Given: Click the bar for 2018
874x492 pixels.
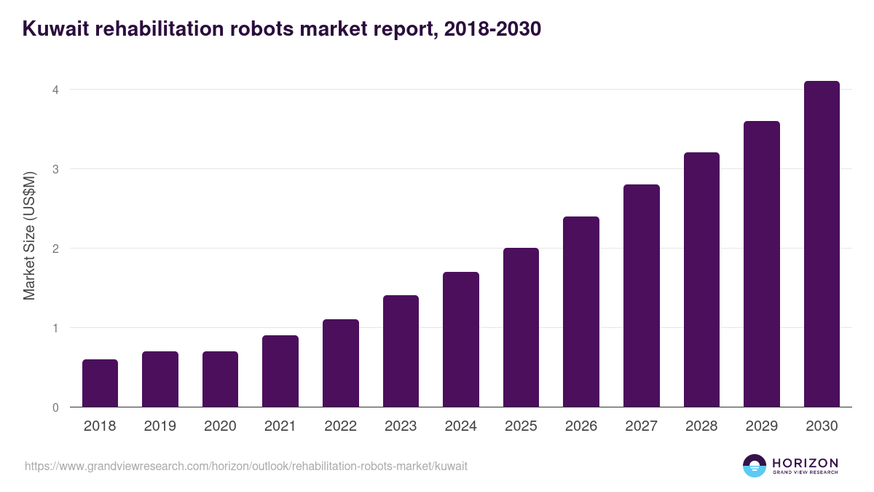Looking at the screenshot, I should tap(100, 383).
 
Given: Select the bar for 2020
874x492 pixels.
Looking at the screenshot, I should tap(220, 379).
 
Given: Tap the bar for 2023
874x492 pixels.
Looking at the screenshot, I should tap(401, 351).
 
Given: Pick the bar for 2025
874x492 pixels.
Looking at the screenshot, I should tap(521, 327).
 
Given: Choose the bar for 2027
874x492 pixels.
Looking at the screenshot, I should tap(641, 296).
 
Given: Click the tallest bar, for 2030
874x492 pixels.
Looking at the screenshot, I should tap(822, 244).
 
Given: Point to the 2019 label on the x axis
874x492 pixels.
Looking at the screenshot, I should tap(160, 426).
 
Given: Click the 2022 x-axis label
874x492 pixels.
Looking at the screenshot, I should tap(340, 426).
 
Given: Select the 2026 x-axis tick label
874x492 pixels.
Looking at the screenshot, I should tap(581, 426).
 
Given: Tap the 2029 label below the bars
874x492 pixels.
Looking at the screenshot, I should tap(761, 426).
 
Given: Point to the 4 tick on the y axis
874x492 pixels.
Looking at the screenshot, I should tap(55, 90).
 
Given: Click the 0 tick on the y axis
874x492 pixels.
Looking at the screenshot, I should tap(55, 407).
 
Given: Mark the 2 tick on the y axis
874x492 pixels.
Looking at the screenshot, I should tap(55, 249).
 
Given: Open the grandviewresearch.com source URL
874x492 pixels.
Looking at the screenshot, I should tap(246, 466).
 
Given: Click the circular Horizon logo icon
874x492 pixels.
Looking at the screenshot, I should tap(755, 466).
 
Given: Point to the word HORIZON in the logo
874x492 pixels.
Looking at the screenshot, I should tap(805, 463).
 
